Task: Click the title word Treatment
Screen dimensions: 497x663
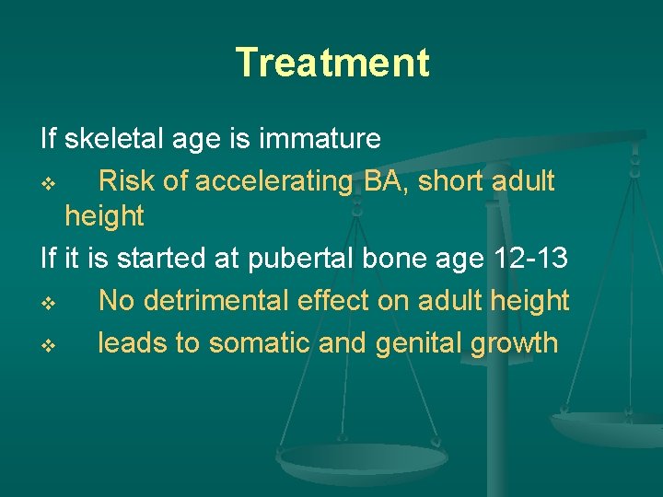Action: [332, 63]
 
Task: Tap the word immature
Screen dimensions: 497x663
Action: [320, 139]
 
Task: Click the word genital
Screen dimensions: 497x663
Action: [417, 343]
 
